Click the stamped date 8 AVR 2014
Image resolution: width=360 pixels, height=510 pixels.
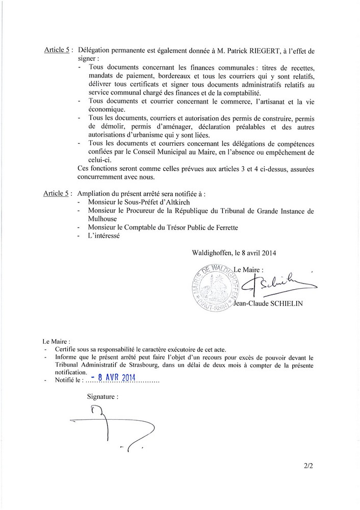(110, 378)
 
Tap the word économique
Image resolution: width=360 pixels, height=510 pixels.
(107, 109)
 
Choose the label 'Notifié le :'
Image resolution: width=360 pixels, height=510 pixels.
(68, 380)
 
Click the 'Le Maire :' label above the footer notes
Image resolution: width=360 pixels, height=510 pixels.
(56, 340)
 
